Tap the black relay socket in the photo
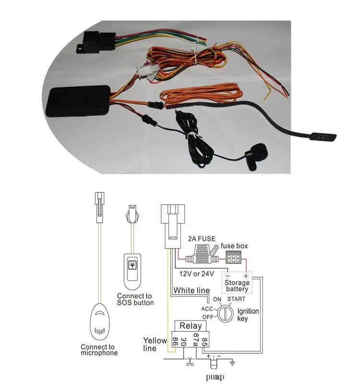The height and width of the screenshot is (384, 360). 98,40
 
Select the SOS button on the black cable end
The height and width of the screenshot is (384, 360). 322,137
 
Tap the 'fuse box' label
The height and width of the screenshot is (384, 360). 234,246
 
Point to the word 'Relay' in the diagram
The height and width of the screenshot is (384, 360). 190,326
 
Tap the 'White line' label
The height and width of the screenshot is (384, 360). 192,290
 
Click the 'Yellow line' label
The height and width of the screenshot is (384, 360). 155,344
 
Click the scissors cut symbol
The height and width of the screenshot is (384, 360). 191,362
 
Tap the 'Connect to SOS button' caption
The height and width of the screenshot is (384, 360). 135,299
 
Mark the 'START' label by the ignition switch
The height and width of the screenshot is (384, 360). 236,299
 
